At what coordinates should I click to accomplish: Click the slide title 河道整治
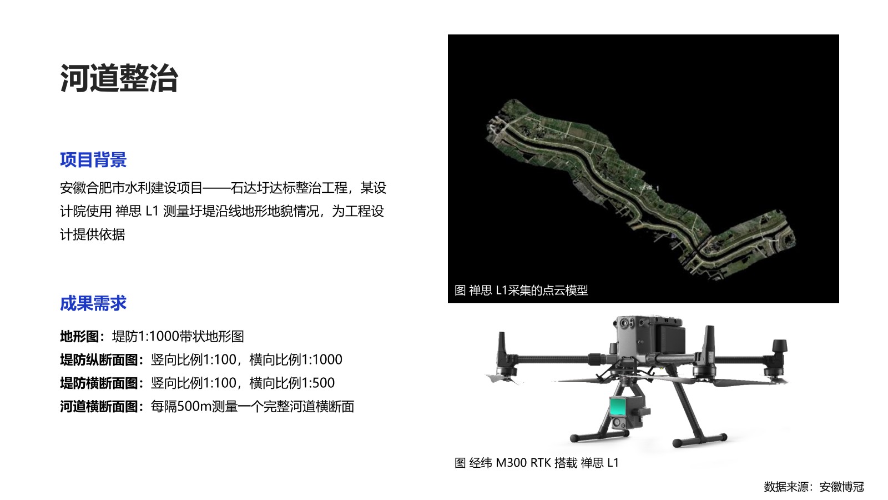coord(119,78)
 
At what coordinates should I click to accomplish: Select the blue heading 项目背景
coord(93,160)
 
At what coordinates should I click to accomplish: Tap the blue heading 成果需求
coord(93,303)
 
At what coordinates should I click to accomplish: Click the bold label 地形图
coord(79,337)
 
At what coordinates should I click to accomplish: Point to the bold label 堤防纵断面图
coord(99,360)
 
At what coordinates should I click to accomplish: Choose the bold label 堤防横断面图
coord(99,383)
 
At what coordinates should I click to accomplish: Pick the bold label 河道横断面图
coord(99,407)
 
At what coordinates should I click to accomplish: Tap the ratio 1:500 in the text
coord(318,383)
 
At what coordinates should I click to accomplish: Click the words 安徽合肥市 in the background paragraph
coord(92,188)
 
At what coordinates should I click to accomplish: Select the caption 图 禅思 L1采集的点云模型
coord(521,291)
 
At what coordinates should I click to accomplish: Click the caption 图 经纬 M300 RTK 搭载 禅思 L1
coord(536,463)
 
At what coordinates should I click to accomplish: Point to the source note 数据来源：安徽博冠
coord(814,487)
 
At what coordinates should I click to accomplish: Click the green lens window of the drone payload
coord(619,406)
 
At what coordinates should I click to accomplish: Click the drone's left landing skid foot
coord(599,437)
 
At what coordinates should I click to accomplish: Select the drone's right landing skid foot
coord(700,439)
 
